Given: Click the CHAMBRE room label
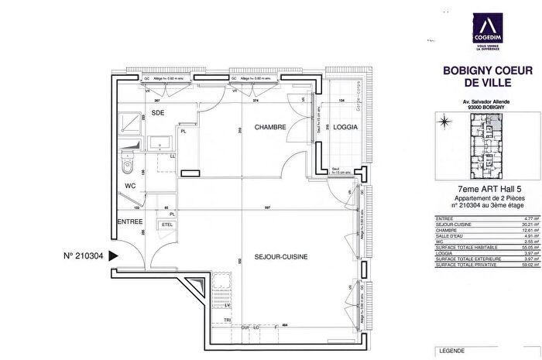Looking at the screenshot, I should (271, 128).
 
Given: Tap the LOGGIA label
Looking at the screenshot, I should (345, 128).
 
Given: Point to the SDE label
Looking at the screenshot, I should (158, 113).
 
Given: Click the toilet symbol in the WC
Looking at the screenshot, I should (129, 164).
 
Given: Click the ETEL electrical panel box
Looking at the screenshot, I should (166, 225).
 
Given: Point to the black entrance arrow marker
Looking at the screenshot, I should (113, 254).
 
